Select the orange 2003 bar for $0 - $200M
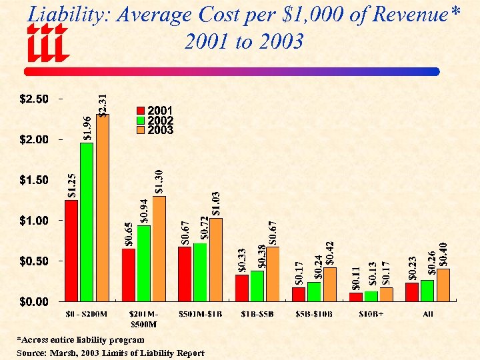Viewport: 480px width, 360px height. pos(102,207)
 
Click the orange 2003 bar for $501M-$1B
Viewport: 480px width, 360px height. pos(216,259)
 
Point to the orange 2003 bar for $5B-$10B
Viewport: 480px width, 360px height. pos(329,284)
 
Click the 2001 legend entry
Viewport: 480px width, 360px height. pos(155,111)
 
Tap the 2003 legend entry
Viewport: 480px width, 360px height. pos(155,131)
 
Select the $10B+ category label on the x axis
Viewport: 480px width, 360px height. pos(371,314)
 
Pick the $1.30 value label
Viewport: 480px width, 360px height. pos(159,181)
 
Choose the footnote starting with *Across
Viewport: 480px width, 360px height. pos(80,340)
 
